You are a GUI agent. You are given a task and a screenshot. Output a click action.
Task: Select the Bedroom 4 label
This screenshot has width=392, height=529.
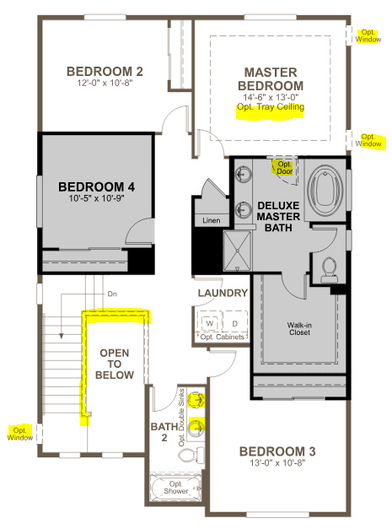96,186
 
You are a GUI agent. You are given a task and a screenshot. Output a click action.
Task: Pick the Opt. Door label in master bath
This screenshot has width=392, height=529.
283,167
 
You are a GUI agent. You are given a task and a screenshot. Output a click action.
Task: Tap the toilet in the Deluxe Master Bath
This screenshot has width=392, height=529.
330,267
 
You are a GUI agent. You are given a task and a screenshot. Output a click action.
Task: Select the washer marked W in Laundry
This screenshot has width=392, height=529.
210,322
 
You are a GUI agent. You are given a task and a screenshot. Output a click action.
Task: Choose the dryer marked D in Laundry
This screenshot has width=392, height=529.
234,322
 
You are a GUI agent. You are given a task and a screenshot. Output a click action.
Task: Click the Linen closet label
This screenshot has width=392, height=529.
211,220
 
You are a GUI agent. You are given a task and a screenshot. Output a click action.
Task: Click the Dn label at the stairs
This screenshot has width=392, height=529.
111,294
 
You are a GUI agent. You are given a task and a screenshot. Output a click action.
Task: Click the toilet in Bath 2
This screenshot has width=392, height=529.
187,456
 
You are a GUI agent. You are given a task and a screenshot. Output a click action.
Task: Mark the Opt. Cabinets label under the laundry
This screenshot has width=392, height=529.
223,337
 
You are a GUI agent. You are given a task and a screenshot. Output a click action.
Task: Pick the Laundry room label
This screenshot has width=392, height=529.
222,294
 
